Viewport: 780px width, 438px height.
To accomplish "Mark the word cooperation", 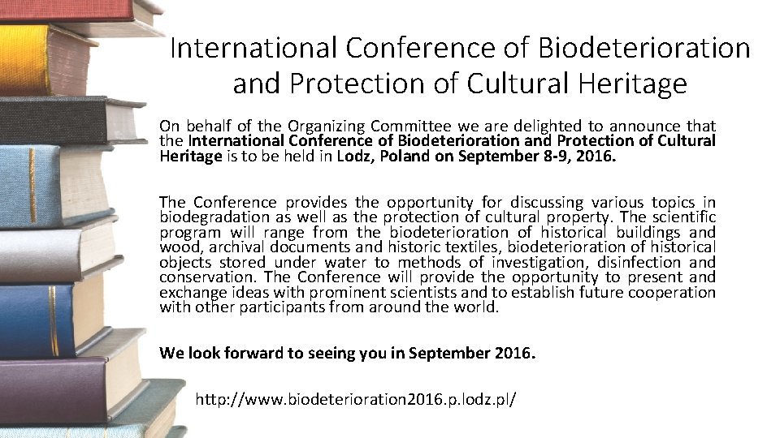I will [x=674, y=292].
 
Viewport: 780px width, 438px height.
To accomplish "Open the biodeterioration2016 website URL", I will [x=356, y=400].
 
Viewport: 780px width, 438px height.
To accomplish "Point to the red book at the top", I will [x=65, y=10].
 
